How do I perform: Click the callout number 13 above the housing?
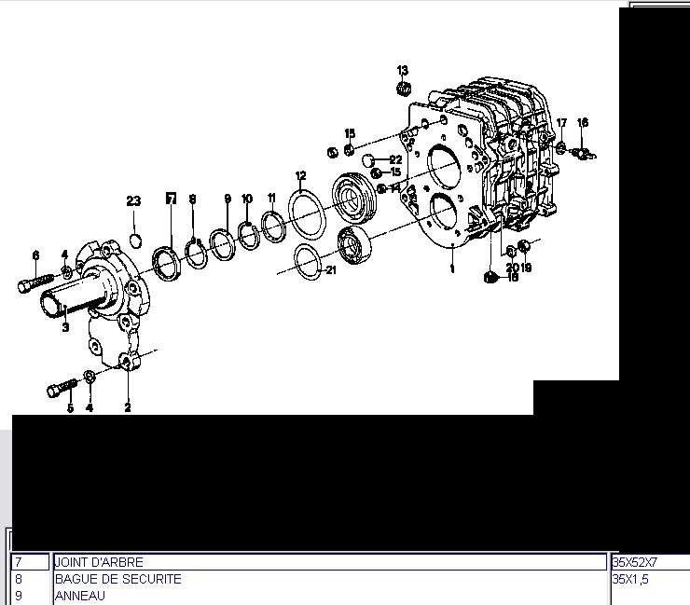[402, 71]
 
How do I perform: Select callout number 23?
[133, 201]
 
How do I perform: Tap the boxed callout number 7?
[171, 199]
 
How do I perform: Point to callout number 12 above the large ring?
[300, 176]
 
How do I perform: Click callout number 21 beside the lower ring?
[330, 269]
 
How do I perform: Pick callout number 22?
[395, 159]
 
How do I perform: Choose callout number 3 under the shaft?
[65, 327]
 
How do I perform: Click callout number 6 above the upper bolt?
[35, 255]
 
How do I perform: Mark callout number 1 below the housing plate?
[452, 268]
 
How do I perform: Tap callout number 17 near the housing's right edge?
[561, 123]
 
